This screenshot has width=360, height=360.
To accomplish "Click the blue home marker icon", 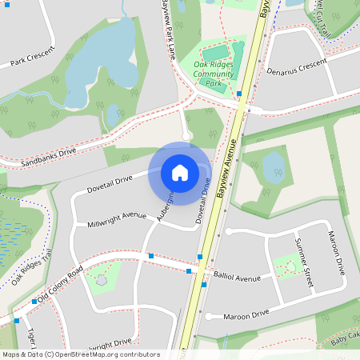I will click(x=179, y=173).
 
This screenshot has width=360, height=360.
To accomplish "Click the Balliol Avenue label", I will click(x=238, y=277).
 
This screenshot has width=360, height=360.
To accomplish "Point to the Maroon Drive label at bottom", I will click(x=246, y=315).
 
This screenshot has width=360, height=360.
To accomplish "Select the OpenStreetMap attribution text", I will click(x=80, y=354).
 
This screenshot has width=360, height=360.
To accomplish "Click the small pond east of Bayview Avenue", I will click(x=273, y=165).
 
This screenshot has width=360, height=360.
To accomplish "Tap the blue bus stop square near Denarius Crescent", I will click(x=239, y=94).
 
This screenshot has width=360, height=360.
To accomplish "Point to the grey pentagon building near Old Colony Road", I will click(x=101, y=281).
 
